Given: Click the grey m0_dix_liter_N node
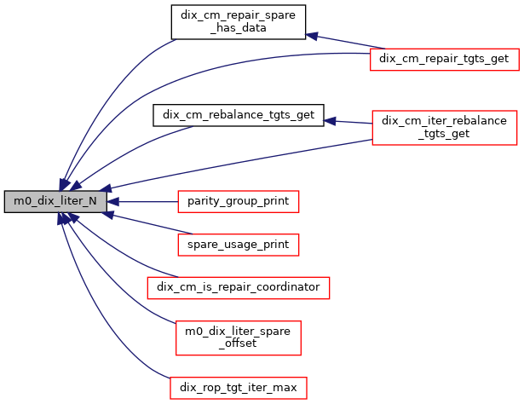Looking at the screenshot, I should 55,202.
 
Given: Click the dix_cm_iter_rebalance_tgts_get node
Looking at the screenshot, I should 444,127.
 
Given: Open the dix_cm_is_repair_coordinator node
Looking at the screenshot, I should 238,287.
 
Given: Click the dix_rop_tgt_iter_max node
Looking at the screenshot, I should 238,388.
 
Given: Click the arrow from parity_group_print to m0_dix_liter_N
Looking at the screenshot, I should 145,202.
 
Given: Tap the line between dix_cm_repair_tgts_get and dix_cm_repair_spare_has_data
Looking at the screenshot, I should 341,42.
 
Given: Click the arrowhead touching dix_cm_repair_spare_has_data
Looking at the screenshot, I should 312,36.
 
